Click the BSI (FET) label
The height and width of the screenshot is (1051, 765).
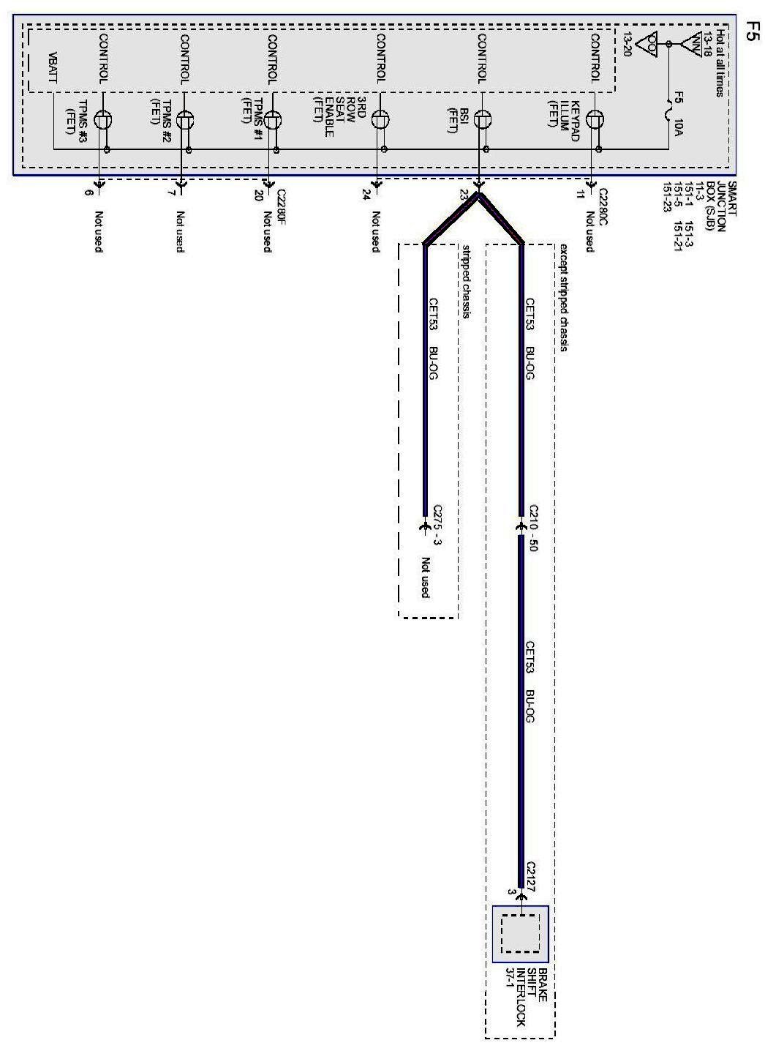coord(458,120)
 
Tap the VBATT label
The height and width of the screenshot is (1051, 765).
coord(53,68)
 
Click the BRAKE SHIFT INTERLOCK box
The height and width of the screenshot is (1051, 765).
coord(520,934)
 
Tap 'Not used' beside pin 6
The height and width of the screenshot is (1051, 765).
coord(98,231)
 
